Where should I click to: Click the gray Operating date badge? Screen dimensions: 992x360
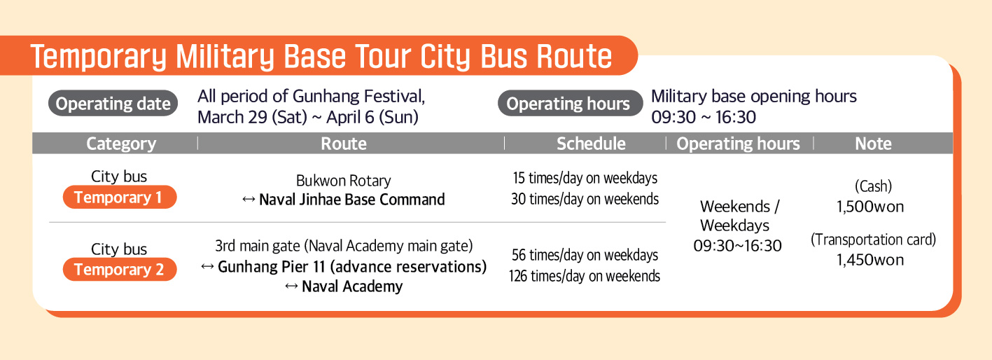(x=113, y=103)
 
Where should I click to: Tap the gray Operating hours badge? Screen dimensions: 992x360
(x=570, y=103)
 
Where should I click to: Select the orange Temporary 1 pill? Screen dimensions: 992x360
(x=120, y=197)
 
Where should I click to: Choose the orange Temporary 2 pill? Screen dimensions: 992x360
(x=120, y=269)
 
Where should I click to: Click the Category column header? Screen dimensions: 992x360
(x=121, y=144)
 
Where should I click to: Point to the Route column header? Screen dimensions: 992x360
(x=344, y=144)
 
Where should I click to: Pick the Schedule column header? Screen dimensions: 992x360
(x=592, y=144)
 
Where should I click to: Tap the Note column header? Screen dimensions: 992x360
(x=873, y=144)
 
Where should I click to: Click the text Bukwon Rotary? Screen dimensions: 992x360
(x=344, y=181)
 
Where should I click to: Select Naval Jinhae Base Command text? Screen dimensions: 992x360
(x=352, y=200)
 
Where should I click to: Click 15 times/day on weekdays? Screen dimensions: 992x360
(x=585, y=178)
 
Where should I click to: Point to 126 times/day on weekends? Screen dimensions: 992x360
(x=585, y=276)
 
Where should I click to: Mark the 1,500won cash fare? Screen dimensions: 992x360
(x=870, y=207)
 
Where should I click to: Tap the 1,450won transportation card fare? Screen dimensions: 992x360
(x=870, y=260)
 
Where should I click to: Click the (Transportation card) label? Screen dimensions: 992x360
(x=873, y=240)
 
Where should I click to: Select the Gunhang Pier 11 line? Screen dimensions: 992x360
(x=344, y=267)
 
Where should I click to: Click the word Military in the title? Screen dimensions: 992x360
(x=225, y=57)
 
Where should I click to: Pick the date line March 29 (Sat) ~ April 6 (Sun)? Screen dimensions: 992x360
(x=308, y=118)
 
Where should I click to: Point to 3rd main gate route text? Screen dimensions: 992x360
(x=344, y=246)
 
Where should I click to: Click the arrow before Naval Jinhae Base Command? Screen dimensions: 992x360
(x=249, y=200)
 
